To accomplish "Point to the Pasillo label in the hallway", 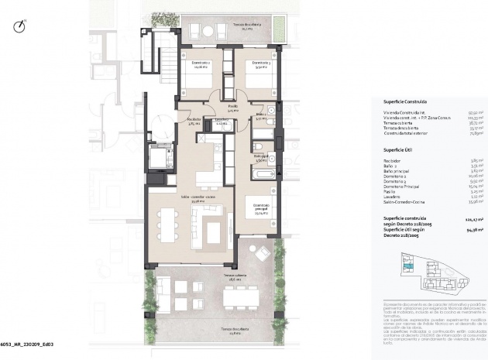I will coord(233,109).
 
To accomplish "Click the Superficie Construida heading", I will coord(404,101).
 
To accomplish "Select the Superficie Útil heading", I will coord(400,150).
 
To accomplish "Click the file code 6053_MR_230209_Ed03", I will coord(30,343).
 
